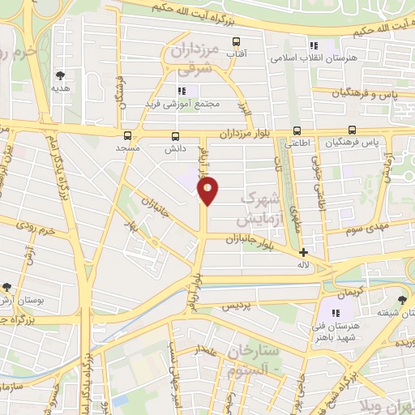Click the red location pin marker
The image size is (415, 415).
(208, 190)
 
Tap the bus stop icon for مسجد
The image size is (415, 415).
(127, 135)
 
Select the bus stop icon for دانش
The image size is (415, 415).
(176, 135)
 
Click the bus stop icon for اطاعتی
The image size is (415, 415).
(297, 130)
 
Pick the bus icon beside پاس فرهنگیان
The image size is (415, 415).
(352, 130)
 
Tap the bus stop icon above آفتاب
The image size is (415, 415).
(236, 41)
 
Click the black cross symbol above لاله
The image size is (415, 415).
(304, 252)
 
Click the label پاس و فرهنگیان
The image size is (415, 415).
(364, 95)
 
